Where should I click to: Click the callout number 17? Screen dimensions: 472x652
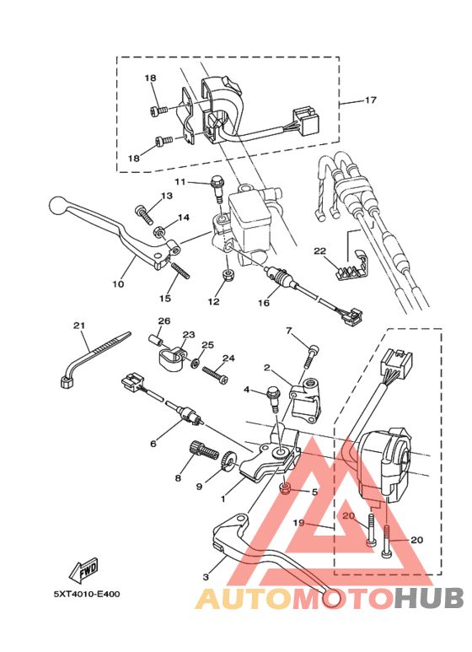tap(371, 100)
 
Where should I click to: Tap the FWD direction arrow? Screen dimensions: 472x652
tap(84, 570)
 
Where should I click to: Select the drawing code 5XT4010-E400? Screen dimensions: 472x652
tap(87, 594)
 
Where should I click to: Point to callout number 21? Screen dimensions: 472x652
tap(79, 326)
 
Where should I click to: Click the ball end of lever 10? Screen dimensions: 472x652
tap(58, 206)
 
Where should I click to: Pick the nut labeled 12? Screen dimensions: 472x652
tap(228, 276)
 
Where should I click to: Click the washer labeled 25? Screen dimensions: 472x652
tap(195, 363)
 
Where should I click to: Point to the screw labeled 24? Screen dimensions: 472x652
tap(215, 373)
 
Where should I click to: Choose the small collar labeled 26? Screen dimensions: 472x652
tap(154, 340)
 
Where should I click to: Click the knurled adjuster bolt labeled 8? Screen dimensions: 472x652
tap(204, 450)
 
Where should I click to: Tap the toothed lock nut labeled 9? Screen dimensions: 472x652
tap(228, 461)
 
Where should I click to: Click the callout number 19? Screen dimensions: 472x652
tap(298, 522)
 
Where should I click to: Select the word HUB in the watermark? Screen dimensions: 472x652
tap(429, 598)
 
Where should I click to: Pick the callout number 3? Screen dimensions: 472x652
tap(206, 577)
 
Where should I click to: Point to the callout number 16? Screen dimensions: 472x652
tap(264, 303)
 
